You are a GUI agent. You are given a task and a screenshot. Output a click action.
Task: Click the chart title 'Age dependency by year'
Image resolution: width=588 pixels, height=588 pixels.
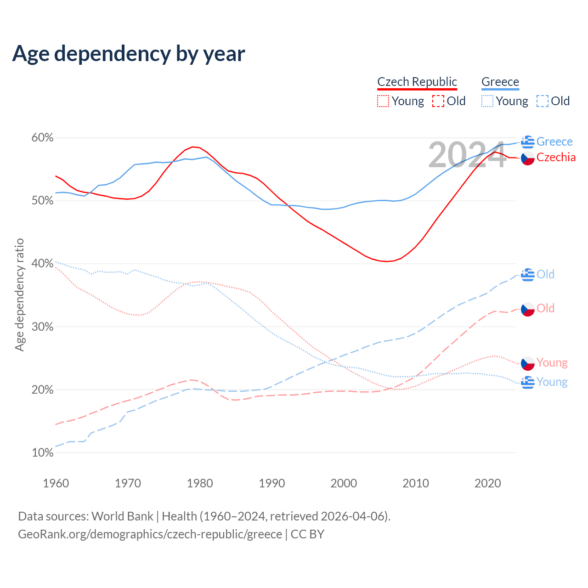129,53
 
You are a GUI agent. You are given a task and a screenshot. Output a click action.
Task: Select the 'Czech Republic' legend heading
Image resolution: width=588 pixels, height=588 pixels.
417,82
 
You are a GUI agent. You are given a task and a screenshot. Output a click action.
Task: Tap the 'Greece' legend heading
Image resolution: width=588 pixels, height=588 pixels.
500,82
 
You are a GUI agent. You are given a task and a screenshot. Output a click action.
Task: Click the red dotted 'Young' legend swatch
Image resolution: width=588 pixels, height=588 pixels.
383,101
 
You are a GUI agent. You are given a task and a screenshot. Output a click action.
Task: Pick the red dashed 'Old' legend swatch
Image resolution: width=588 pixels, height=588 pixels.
438,101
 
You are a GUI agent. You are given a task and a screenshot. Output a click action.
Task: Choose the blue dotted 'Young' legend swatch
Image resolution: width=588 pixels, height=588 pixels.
487,101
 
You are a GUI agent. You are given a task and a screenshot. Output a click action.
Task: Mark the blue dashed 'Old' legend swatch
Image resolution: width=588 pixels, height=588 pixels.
543,101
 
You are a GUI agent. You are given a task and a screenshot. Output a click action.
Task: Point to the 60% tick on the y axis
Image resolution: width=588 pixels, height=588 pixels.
42,138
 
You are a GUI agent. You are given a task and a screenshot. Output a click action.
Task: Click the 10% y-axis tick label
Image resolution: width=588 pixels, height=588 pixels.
42,453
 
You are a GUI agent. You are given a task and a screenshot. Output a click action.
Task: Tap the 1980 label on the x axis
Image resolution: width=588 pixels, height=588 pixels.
200,483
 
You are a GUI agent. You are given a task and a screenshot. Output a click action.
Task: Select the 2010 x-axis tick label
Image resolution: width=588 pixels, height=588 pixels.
416,483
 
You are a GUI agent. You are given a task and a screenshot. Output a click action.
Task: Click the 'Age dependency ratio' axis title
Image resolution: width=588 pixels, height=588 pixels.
19,294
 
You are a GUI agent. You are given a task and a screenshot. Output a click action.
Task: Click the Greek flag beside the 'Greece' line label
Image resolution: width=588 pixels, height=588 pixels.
528,142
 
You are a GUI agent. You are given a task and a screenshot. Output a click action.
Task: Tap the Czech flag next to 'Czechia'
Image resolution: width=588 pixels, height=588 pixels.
528,158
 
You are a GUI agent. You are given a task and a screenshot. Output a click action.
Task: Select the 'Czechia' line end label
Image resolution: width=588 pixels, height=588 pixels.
556,158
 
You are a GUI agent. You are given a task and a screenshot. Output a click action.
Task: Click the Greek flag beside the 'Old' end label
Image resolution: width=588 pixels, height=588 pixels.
528,275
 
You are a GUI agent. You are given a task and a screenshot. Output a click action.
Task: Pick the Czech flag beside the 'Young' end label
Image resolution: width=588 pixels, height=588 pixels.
528,363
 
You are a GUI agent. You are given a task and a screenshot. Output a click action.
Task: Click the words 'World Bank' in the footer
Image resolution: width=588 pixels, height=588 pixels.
122,516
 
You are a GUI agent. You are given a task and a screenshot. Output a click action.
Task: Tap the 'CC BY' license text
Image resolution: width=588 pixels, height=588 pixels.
307,534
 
